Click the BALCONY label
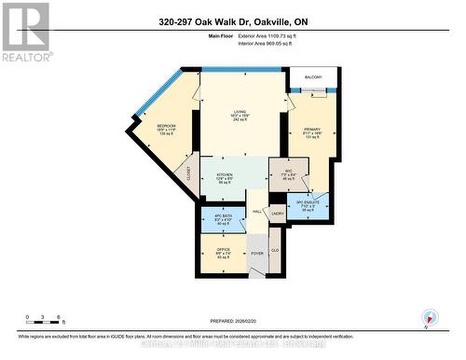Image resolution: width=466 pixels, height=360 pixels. [x=312, y=76]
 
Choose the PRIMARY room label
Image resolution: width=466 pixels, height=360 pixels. [x=311, y=128]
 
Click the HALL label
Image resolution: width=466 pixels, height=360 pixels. [x=256, y=211]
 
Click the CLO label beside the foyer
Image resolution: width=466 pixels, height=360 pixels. [x=275, y=250]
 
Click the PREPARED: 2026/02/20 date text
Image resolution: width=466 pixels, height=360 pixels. [x=233, y=319]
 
